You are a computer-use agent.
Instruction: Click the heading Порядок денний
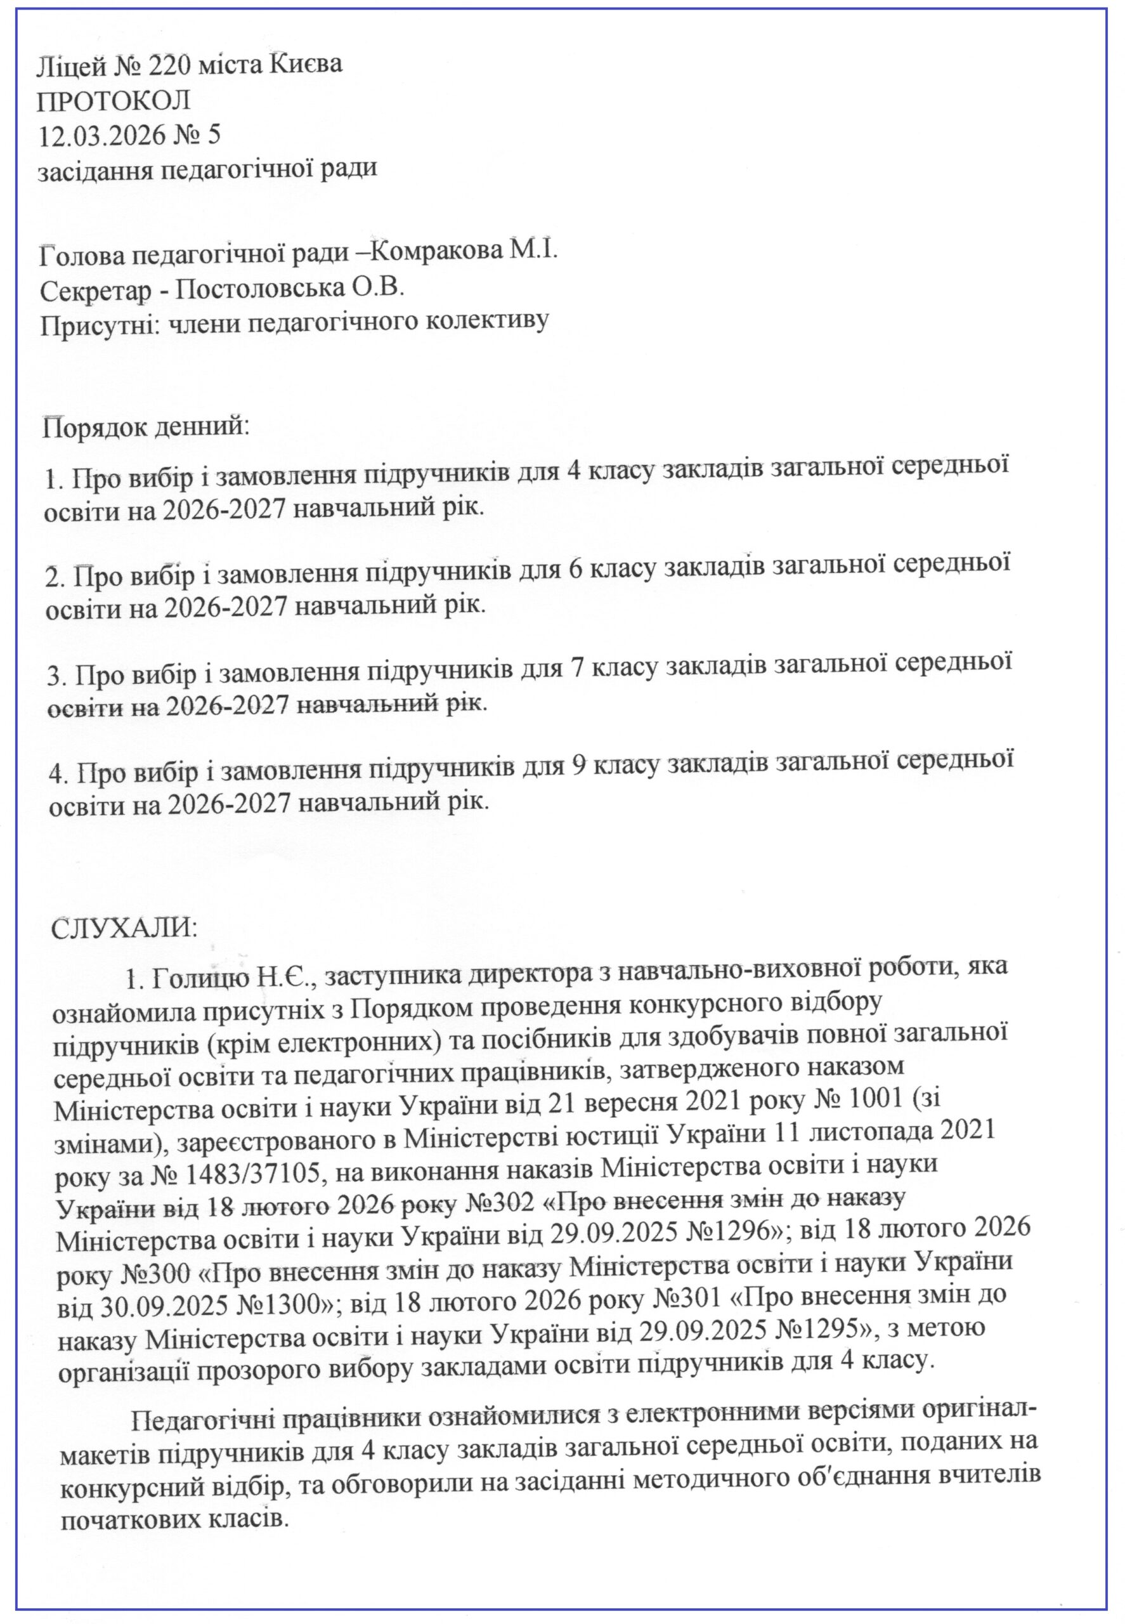(146, 427)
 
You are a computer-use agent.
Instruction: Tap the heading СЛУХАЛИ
(124, 929)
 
